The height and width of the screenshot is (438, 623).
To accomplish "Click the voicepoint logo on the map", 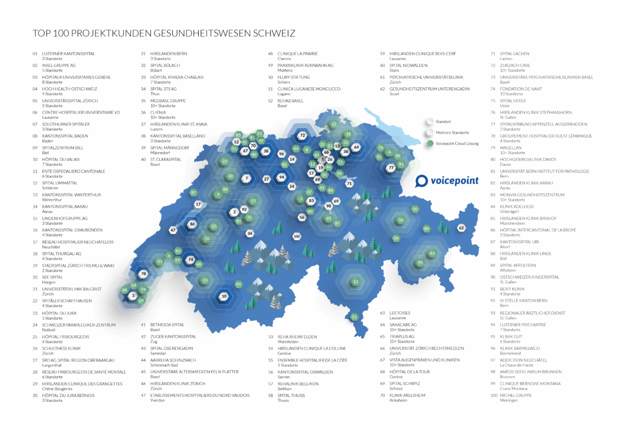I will click(x=450, y=181).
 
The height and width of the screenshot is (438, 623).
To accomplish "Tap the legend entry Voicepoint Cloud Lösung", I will click(x=457, y=143).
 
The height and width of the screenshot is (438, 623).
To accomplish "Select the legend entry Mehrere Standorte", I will click(x=453, y=132).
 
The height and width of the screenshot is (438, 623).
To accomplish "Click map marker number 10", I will click(x=224, y=296).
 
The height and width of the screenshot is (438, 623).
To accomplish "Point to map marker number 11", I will click(x=356, y=282).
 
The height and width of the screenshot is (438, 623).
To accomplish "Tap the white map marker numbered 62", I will click(x=461, y=228).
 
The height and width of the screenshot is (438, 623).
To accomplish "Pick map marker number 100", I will click(x=296, y=237).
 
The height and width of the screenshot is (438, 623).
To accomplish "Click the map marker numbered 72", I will click(x=302, y=135).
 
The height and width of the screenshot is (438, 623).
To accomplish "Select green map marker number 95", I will click(x=421, y=263).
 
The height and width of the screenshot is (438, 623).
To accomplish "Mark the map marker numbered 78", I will click(x=144, y=273).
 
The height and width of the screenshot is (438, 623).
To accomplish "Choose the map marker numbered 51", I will click(x=355, y=317).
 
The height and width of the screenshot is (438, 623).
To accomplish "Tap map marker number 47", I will click(x=173, y=229).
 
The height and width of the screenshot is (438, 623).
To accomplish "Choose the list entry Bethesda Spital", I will click(x=167, y=325).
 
